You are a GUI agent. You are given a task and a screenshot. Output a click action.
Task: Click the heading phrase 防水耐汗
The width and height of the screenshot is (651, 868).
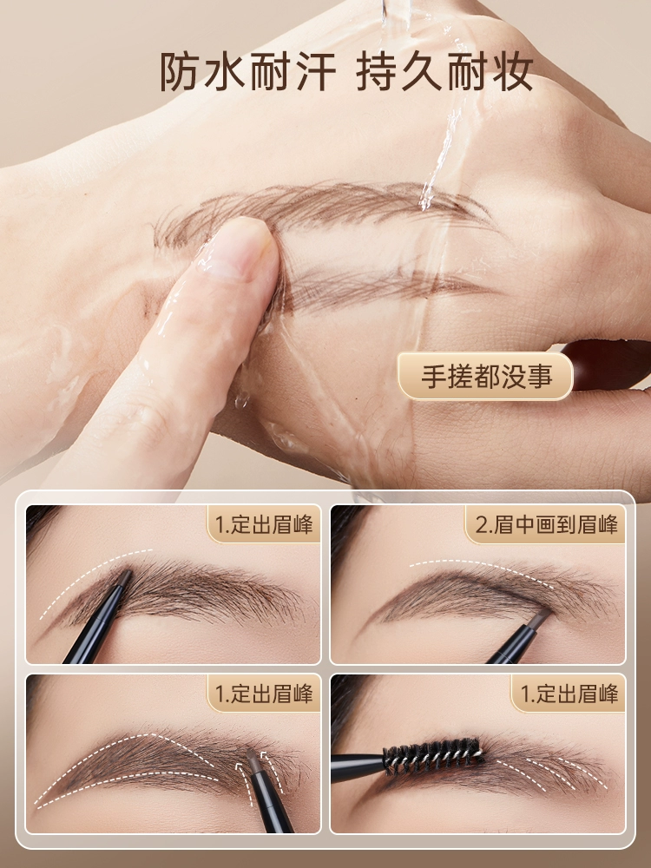(248, 73)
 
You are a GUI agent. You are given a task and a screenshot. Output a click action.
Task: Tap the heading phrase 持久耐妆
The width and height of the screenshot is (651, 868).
(445, 73)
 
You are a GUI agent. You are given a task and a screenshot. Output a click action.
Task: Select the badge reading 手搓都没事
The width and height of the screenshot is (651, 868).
(485, 377)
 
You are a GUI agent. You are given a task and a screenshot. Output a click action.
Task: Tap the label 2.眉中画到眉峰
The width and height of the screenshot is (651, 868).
(546, 524)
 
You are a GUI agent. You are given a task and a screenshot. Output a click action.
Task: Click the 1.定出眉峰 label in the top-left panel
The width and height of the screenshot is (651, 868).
(264, 524)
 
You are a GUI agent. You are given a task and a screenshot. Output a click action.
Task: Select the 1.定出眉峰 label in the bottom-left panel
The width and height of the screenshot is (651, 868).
(264, 694)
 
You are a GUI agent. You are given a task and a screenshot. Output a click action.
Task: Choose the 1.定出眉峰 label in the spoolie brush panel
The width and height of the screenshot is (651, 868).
(569, 694)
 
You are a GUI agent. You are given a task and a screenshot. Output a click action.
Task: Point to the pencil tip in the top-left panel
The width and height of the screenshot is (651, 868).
(126, 577)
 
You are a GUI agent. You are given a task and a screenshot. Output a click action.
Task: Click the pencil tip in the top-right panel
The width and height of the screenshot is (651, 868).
(541, 616)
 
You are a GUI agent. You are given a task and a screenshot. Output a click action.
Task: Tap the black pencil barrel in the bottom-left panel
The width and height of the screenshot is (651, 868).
(270, 803)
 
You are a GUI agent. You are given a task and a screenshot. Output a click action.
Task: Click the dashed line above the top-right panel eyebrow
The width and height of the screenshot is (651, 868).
(481, 571)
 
